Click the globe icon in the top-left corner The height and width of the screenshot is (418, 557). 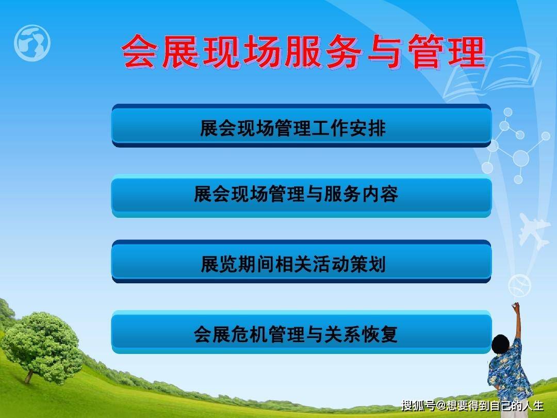[32, 43]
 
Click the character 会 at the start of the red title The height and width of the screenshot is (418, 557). [139, 51]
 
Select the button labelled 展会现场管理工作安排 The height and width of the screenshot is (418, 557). [301, 126]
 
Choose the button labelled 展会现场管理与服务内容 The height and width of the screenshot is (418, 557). [301, 196]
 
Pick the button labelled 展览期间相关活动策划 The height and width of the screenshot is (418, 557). [301, 262]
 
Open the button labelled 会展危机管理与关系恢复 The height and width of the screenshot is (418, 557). [301, 332]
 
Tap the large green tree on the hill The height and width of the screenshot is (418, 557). [43, 347]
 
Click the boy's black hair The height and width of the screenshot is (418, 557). [501, 344]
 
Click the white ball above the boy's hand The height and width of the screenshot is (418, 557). [519, 286]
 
